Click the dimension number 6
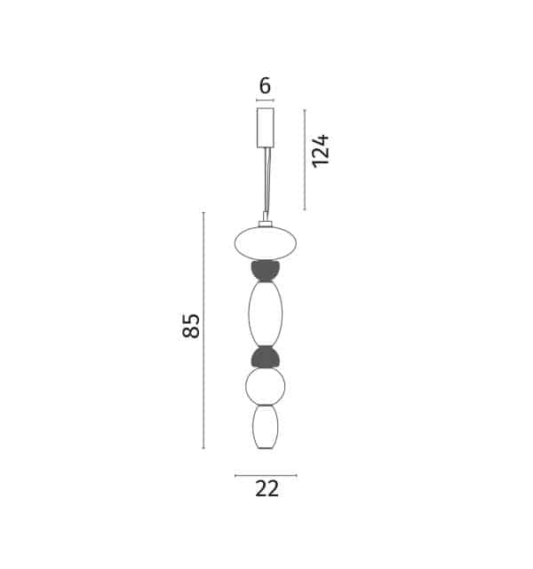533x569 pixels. [x=266, y=86]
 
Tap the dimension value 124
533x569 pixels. [x=322, y=151]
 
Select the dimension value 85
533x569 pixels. [x=191, y=326]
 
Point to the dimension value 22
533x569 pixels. [x=267, y=488]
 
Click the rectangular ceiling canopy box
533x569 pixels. [x=266, y=128]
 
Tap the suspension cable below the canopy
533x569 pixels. [x=266, y=185]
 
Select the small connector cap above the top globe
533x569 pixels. [x=266, y=224]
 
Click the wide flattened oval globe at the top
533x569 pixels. [x=266, y=243]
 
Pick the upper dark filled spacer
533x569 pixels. [x=266, y=271]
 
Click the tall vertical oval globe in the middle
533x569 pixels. [x=266, y=313]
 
